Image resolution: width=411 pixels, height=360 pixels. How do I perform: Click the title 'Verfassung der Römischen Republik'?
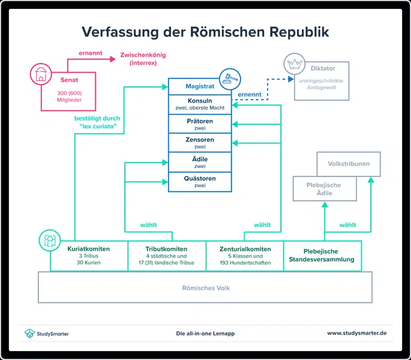(205, 31)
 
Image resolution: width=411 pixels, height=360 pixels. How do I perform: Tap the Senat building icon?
(41, 75)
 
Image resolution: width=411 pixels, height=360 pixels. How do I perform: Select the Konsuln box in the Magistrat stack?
(200, 103)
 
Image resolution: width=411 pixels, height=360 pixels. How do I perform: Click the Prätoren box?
(200, 124)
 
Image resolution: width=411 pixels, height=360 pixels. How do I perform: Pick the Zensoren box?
(200, 143)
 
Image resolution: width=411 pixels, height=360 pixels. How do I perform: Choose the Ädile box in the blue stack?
(200, 162)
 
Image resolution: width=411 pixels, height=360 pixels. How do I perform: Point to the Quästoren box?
(200, 182)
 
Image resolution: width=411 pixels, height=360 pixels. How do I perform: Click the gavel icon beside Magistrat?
(228, 77)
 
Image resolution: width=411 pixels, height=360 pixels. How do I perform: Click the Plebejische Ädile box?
(325, 188)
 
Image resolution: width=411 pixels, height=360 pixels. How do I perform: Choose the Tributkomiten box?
(166, 256)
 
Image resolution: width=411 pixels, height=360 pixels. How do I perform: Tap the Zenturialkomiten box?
(244, 256)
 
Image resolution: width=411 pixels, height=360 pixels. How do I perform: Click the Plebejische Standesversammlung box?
(322, 256)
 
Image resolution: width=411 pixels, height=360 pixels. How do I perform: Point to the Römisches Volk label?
(205, 288)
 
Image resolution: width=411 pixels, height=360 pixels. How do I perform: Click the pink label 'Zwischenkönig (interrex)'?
(143, 59)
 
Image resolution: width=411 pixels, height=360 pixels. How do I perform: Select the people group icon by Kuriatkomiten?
(49, 241)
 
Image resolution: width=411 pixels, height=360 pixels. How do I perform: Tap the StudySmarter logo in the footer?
(46, 333)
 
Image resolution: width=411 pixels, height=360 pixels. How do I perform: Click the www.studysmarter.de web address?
(356, 333)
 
